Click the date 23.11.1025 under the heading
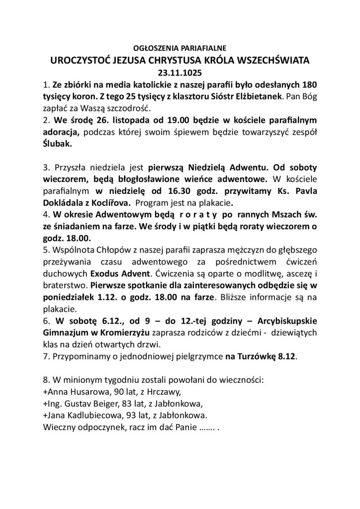coord(180,72)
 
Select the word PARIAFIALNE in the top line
coord(205,49)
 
